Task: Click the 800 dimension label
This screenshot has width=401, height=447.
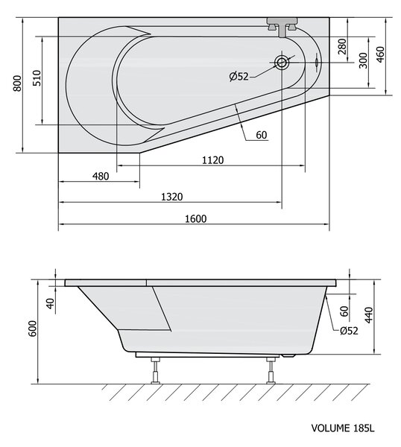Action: pos(17,83)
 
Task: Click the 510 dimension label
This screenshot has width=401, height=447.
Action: pos(37,78)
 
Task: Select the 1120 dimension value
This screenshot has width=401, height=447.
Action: pos(212,160)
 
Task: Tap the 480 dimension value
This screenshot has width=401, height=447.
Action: pos(101,177)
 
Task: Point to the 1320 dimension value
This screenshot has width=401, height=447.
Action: pos(172,197)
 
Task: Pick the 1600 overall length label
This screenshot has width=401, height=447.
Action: pos(195,219)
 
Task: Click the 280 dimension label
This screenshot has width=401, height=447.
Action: pos(342,46)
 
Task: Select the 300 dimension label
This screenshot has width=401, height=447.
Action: pos(363,60)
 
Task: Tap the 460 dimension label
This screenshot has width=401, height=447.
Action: pos(380,54)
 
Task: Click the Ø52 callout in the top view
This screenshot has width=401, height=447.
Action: pos(239,77)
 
